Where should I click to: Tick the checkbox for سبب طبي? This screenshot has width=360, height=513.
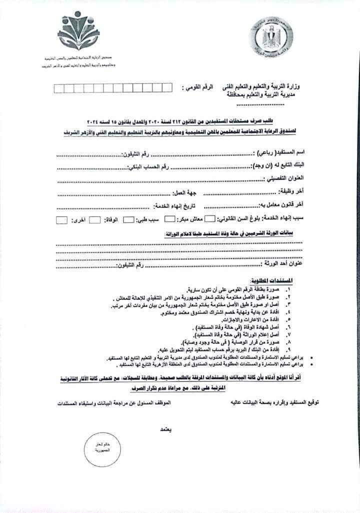click(128, 219)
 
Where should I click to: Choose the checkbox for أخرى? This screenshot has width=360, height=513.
click(61, 219)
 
